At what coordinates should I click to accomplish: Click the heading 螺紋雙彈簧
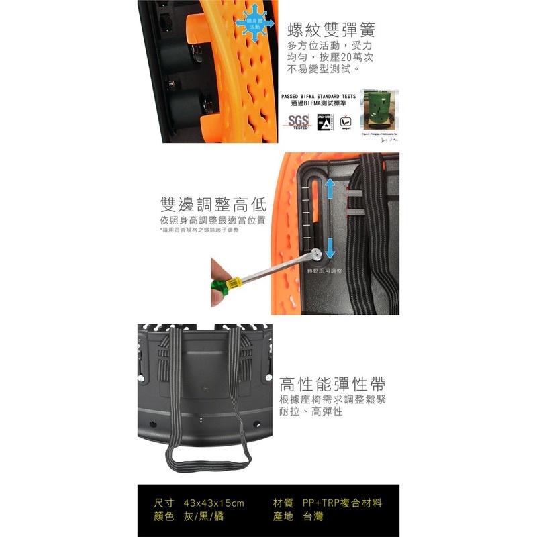pos(330,30)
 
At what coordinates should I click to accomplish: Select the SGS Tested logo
pos(299,121)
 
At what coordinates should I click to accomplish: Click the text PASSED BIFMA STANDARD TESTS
pos(318,96)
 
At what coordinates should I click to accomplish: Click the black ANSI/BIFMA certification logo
pos(326,121)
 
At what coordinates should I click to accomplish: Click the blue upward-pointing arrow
pos(330,189)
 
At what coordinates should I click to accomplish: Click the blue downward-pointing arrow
pos(330,248)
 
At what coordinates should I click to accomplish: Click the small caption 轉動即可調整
pos(324,271)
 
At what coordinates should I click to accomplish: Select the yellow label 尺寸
pos(164,503)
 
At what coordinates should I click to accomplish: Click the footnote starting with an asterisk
pos(199,230)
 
